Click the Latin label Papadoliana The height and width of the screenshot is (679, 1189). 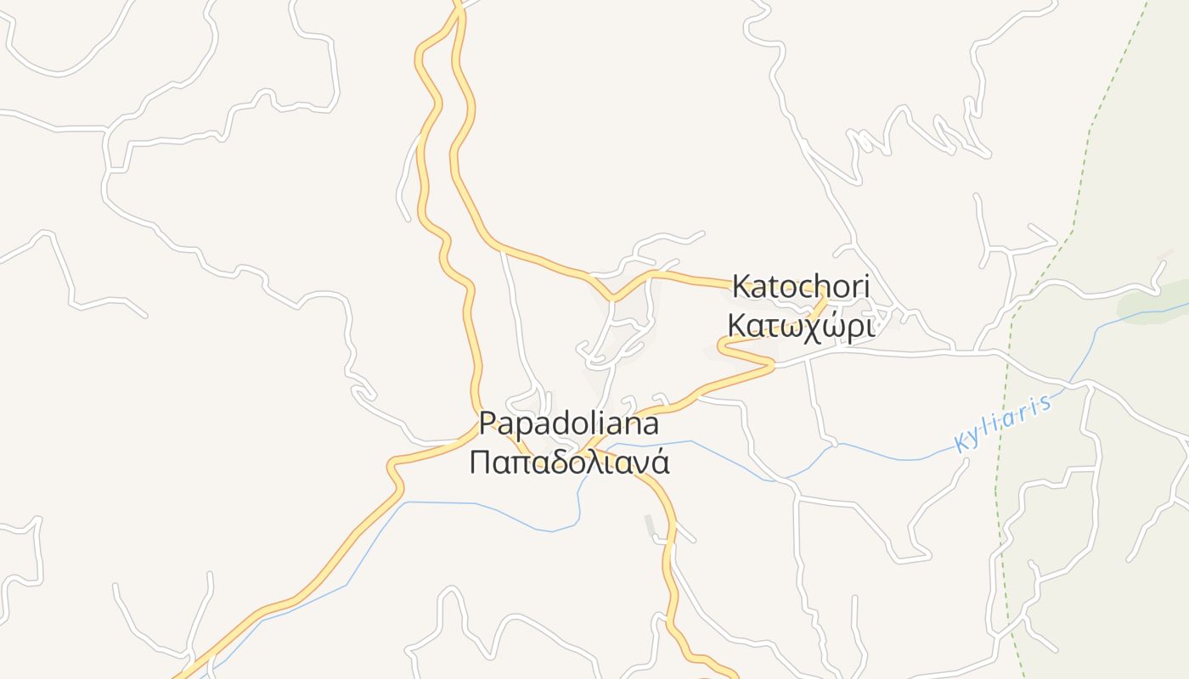pos(569,422)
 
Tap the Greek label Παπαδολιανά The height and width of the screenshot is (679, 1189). pos(569,463)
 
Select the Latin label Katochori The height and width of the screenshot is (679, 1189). pos(800,287)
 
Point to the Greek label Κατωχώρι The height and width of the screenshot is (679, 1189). pos(800,325)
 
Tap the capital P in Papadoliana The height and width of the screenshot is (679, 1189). pos(487,422)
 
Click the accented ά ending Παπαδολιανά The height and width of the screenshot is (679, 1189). pos(660,462)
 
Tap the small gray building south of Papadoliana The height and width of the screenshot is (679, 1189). pos(650,526)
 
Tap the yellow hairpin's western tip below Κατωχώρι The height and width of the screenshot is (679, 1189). pos(720,346)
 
